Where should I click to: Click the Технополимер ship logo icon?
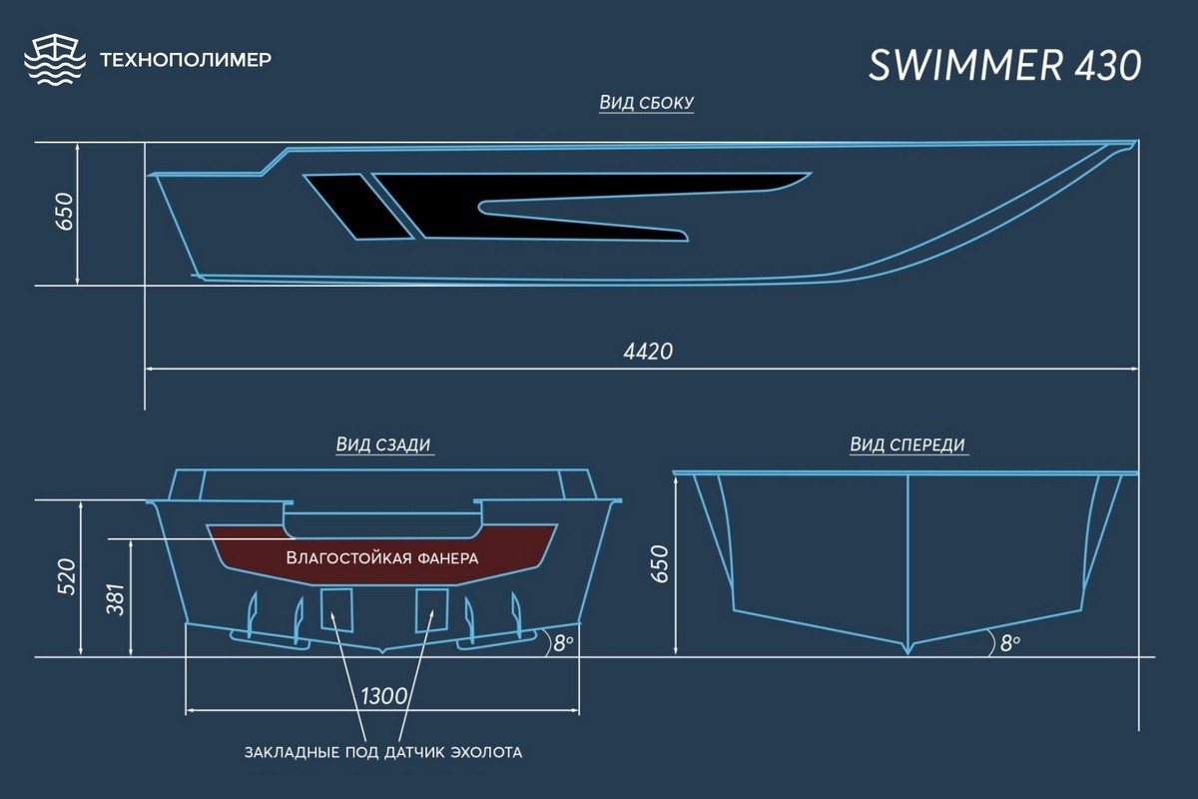coord(55,59)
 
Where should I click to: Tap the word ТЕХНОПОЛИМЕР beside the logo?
coord(186,59)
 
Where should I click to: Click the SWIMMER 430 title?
coord(1005,66)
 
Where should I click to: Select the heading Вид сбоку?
coord(646,102)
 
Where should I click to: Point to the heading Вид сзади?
coord(383,444)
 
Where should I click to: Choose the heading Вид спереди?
coord(907,444)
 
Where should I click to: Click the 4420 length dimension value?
coord(648,352)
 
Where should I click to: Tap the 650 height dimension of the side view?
coord(64,212)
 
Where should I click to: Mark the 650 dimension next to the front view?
coord(660,564)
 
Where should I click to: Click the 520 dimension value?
coord(67,576)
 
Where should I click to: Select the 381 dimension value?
coord(116,599)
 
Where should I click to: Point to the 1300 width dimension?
coord(383,696)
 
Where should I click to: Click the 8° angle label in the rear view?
coord(563,643)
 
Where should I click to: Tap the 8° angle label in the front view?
coord(1009,643)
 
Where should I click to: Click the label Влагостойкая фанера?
coord(381,558)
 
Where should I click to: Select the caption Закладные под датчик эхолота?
coord(383,752)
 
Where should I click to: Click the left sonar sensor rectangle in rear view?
coord(336,609)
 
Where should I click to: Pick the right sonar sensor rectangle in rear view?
coord(431,609)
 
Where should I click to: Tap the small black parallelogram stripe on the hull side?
coord(358,207)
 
